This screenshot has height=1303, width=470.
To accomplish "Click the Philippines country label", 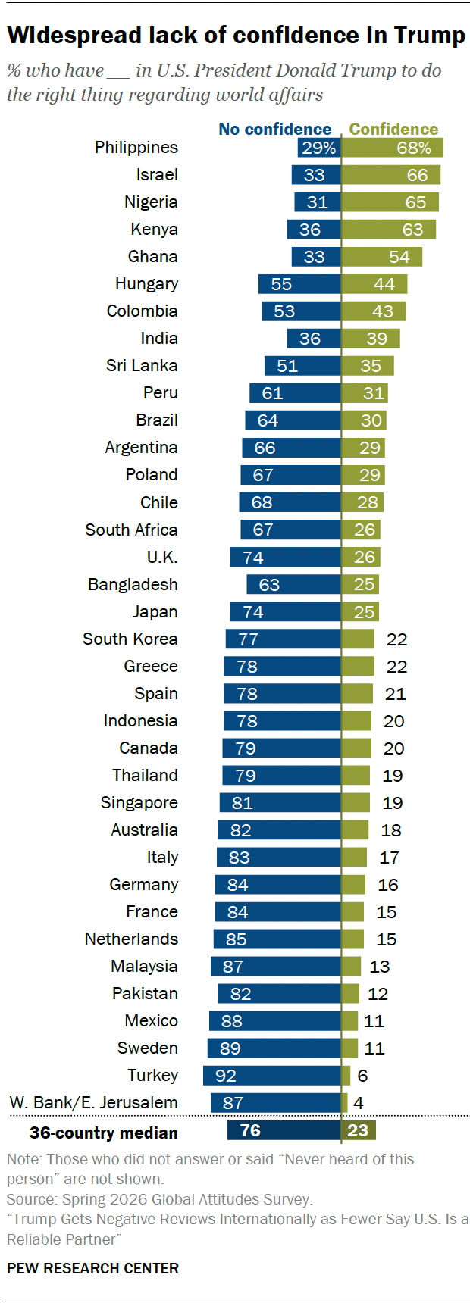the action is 136,148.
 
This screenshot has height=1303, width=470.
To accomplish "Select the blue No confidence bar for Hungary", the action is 299,284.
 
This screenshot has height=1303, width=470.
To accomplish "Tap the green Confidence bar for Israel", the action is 391,175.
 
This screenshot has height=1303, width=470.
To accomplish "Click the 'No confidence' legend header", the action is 275,129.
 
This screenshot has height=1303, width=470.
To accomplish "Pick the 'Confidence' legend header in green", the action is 393,129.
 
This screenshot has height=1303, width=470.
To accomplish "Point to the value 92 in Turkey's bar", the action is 226,1076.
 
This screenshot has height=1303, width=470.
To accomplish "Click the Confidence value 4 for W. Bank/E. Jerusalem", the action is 359,1103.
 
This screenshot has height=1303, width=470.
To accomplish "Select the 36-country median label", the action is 104,1133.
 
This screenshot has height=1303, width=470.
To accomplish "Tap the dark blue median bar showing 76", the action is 284,1130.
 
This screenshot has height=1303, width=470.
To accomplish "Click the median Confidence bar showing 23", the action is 359,1130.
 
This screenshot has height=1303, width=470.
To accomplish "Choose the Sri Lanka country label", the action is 142,366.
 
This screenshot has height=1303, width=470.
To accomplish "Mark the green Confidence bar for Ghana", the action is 382,257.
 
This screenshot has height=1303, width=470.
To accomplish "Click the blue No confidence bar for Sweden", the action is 274,1048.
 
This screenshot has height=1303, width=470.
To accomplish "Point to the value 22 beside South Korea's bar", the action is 397,639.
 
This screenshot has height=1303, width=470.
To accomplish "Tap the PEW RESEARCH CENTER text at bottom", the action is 93,1268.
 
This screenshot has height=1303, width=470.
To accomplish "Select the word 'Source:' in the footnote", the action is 32,1199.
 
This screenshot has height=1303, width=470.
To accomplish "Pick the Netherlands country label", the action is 132,939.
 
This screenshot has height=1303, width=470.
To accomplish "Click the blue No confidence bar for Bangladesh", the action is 294,584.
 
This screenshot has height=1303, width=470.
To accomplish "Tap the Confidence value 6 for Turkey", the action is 363,1076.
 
